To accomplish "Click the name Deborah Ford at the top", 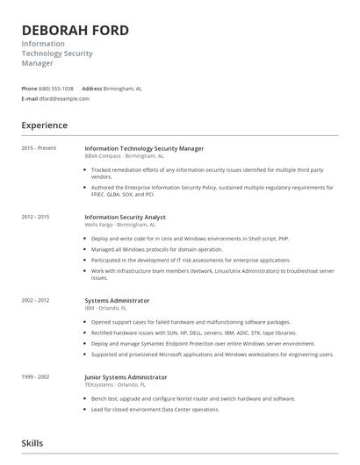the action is [76, 31].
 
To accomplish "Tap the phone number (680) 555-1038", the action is [56, 89].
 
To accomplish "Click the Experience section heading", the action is [45, 125].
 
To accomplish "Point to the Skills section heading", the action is [32, 444].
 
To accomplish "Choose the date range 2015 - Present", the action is [40, 148].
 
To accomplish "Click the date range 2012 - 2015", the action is [36, 216].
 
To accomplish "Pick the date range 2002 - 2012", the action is [36, 300].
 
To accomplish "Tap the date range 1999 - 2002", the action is [36, 376].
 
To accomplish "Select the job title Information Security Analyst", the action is [125, 217].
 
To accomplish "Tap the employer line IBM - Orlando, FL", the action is [105, 308].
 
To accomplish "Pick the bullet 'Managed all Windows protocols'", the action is [156, 249].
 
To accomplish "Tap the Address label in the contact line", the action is [92, 89].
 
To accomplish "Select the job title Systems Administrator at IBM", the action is [117, 301].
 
